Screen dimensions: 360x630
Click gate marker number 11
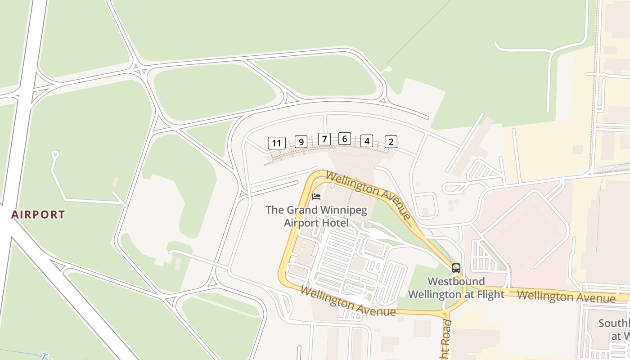[276, 144]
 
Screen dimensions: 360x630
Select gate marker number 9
[301, 142]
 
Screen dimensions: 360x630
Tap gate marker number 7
[324, 139]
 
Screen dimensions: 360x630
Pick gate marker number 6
[344, 139]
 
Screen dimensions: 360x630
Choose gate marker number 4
[367, 141]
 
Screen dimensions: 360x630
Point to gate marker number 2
[391, 142]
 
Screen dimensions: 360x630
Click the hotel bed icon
[316, 197]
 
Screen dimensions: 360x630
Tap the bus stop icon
[456, 268]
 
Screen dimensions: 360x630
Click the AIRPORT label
[38, 215]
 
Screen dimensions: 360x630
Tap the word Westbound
[456, 282]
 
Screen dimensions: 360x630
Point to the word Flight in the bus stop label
[487, 295]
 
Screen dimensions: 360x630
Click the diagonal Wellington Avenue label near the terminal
[369, 194]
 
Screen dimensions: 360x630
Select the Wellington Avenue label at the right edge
[566, 297]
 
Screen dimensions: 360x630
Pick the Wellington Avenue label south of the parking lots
[348, 301]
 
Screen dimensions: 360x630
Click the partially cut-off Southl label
[614, 324]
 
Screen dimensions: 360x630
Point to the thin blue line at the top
[418, 31]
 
